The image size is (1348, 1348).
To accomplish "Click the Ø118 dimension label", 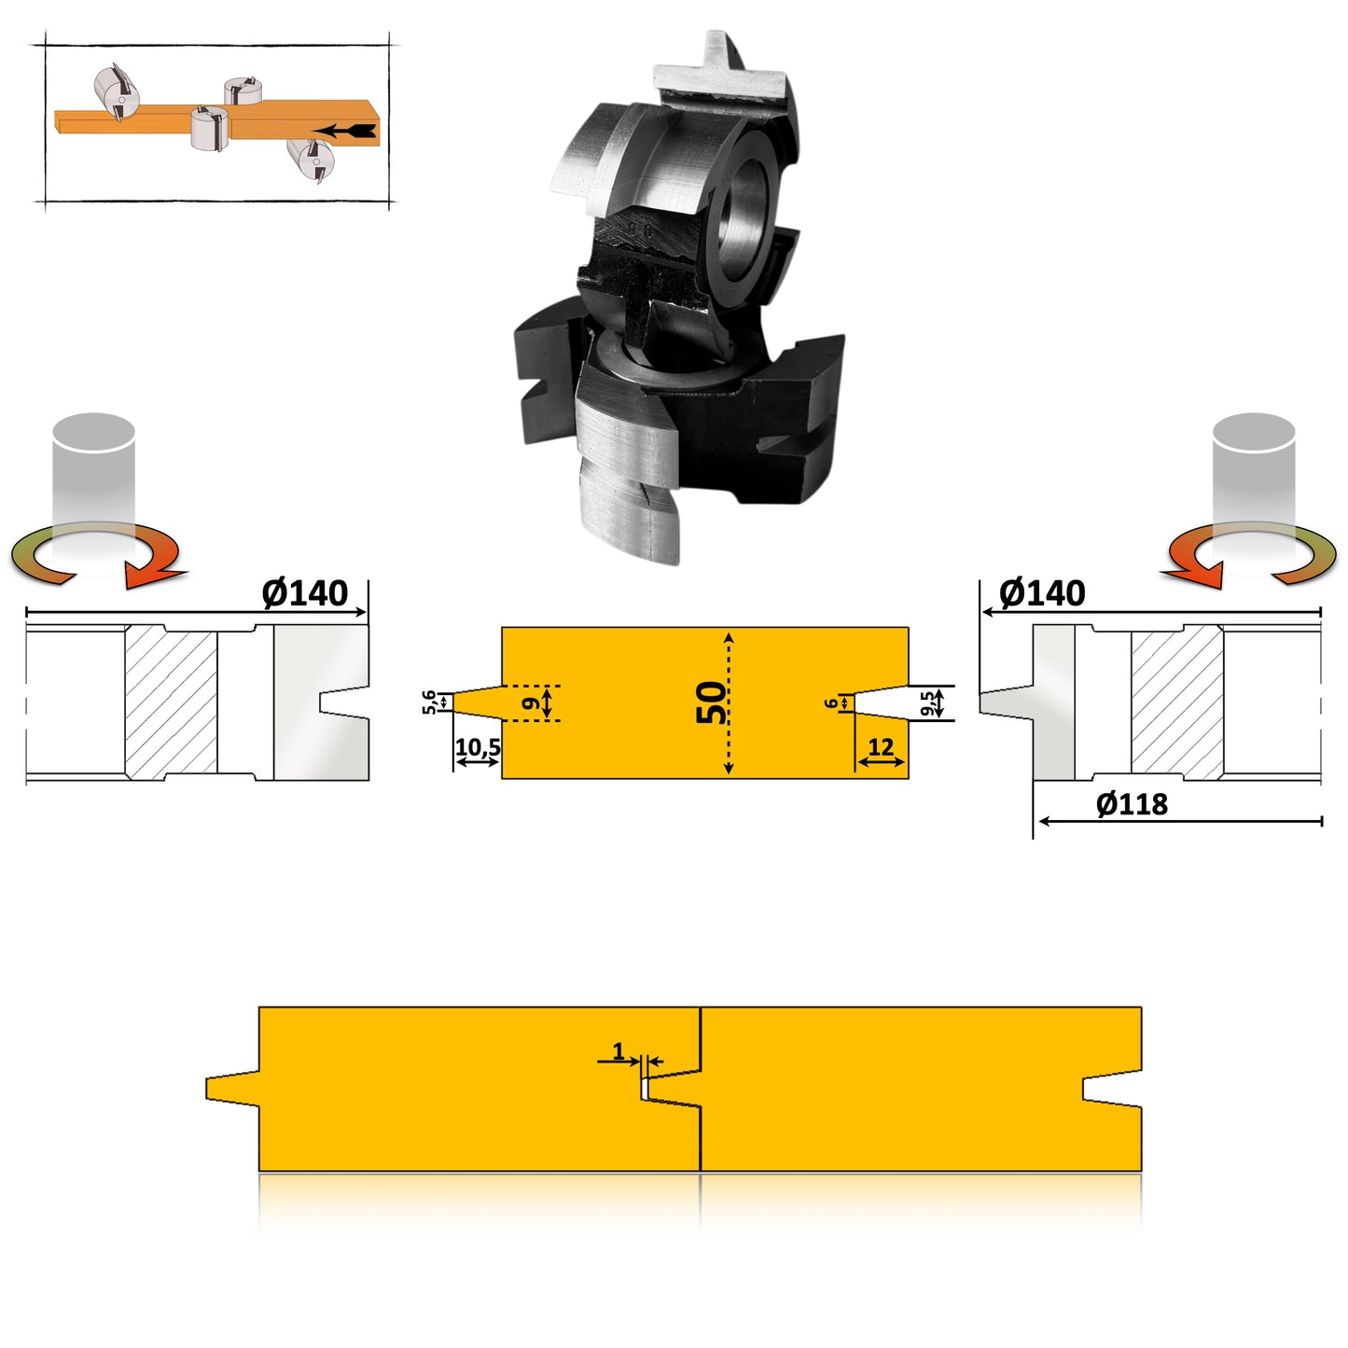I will (1132, 804).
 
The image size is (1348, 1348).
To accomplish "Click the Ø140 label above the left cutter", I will (304, 593).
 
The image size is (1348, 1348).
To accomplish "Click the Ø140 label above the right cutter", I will (1042, 593).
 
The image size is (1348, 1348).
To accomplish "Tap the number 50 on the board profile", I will (712, 702).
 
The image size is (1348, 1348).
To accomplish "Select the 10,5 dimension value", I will (478, 747).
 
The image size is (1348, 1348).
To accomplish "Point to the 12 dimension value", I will (881, 747).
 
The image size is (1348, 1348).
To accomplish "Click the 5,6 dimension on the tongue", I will (429, 702).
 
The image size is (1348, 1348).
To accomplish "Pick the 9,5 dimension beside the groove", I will (927, 703).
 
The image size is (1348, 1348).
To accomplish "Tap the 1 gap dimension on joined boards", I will (618, 1051).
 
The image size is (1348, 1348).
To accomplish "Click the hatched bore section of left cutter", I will (172, 702).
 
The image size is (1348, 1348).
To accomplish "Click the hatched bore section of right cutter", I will (1176, 702).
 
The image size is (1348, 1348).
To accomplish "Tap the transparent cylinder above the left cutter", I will (93, 466).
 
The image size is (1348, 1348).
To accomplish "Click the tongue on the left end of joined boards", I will (231, 1088).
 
